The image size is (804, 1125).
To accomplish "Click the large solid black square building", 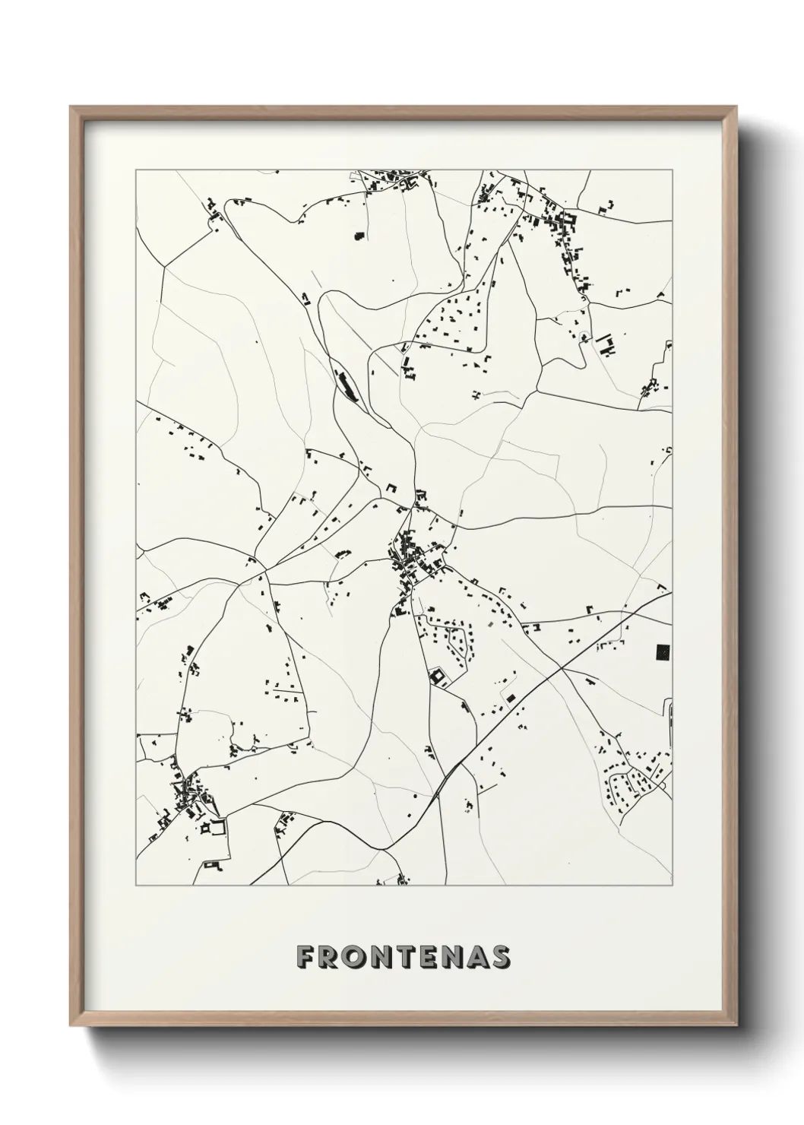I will tap(661, 651).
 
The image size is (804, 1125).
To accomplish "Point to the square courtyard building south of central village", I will tap(438, 675).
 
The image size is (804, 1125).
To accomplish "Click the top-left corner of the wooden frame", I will tap(71, 107).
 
